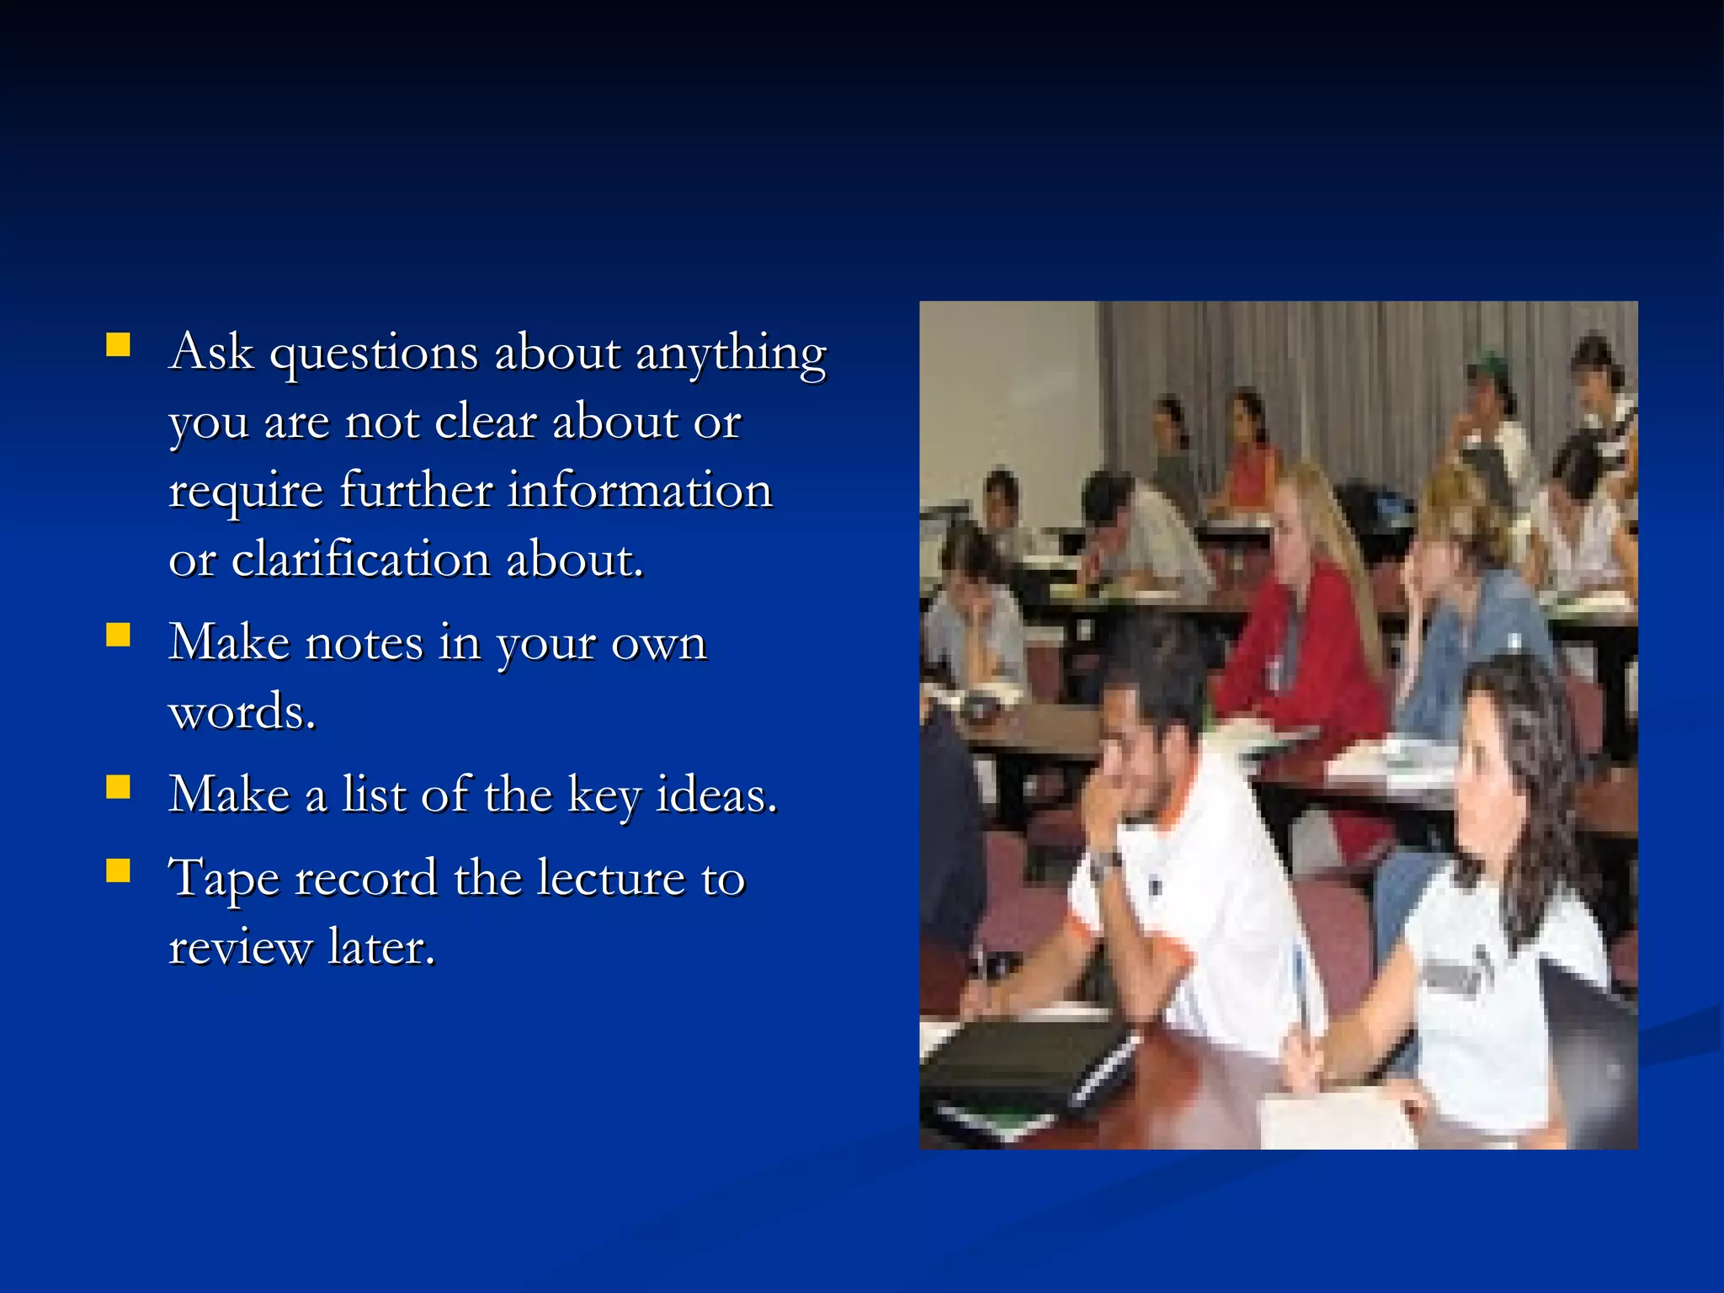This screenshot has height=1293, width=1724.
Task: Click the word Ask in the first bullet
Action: (x=210, y=352)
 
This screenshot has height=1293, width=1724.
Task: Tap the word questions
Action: (x=373, y=354)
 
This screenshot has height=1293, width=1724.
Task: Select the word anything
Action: (x=731, y=354)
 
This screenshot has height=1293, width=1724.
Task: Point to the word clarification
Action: (x=360, y=559)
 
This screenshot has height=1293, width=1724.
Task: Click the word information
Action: (x=640, y=490)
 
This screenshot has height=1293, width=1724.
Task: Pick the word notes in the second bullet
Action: (x=364, y=642)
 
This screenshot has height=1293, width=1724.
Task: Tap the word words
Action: (x=242, y=712)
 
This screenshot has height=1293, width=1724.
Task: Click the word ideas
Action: (x=716, y=794)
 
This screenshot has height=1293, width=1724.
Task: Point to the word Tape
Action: (x=224, y=880)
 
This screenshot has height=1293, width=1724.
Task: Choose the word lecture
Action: (x=611, y=878)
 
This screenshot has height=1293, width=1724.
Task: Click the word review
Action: (x=240, y=948)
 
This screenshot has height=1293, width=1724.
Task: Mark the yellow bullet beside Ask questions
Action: (x=119, y=344)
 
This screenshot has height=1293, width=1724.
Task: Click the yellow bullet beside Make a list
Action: (x=119, y=786)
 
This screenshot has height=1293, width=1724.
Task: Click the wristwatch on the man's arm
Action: (x=1105, y=861)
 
